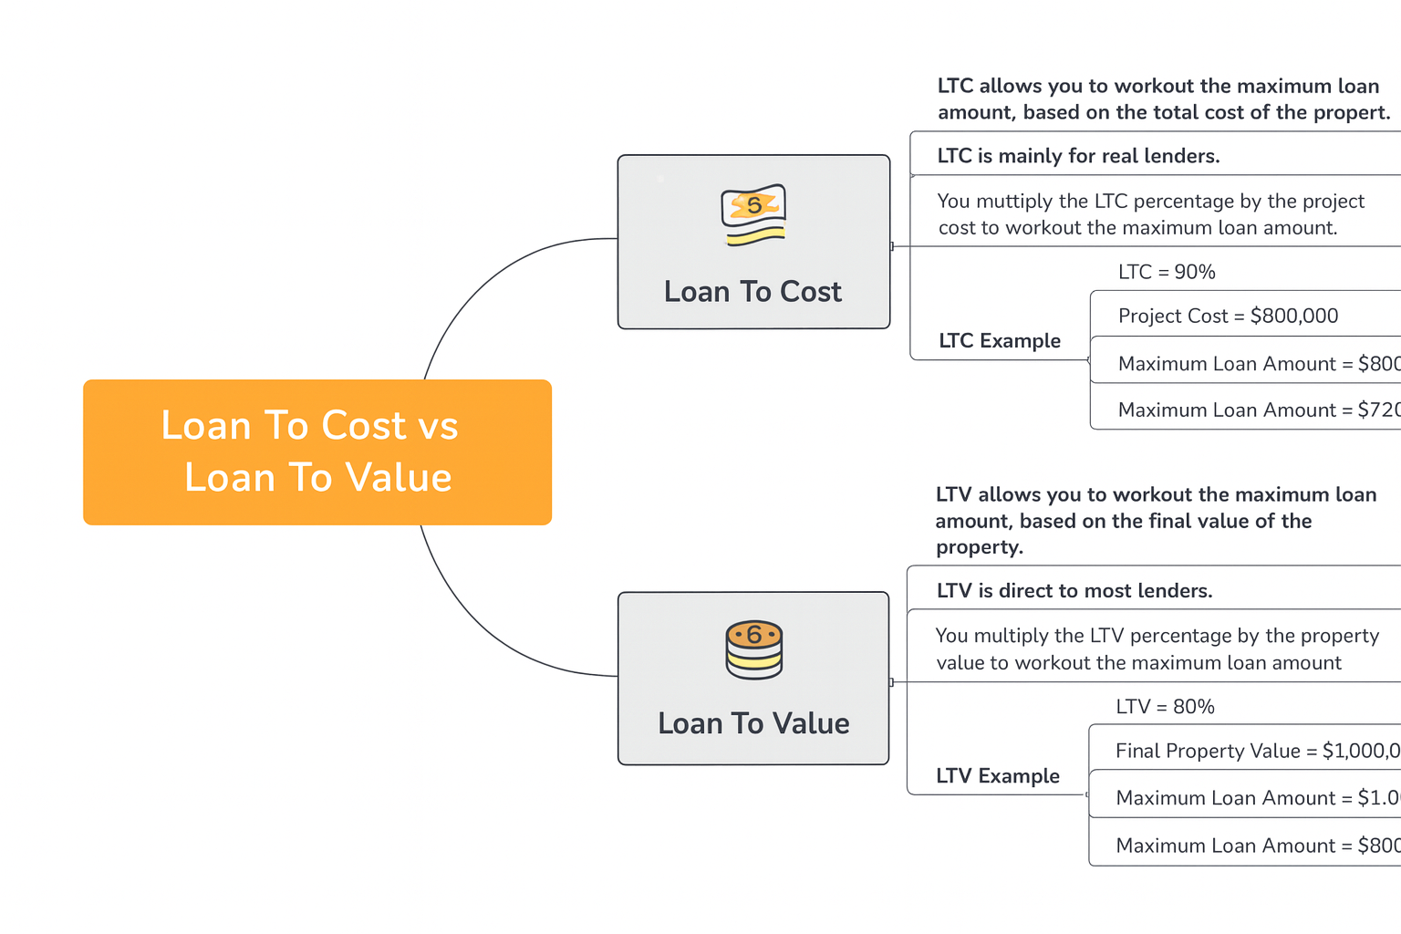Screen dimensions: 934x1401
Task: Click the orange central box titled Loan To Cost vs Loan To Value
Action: (317, 451)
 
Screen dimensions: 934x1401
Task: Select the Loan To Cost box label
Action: (752, 292)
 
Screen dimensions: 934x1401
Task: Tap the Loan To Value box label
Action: (753, 723)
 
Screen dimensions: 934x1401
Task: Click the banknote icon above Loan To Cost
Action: (753, 215)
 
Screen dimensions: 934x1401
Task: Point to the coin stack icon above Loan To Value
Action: (753, 649)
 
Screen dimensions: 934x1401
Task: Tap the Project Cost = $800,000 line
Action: (1228, 316)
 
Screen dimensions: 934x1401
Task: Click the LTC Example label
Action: (1000, 341)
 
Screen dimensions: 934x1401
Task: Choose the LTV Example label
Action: (998, 776)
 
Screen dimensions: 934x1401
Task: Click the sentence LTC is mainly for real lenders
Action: (1078, 156)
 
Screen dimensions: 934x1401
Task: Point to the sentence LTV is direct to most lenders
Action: (1074, 591)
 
